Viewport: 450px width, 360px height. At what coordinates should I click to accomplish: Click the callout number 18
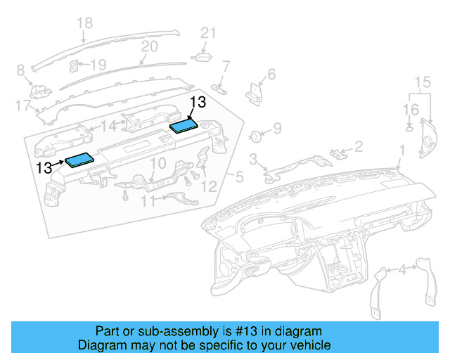click(84, 24)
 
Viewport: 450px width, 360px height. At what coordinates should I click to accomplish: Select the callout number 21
click(207, 33)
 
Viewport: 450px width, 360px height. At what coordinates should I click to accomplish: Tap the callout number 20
click(149, 46)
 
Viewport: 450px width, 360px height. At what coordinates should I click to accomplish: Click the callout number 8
click(20, 70)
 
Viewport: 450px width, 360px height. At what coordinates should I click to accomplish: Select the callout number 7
click(226, 67)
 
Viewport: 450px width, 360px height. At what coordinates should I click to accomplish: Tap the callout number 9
click(277, 128)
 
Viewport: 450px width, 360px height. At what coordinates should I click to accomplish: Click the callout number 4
click(401, 269)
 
